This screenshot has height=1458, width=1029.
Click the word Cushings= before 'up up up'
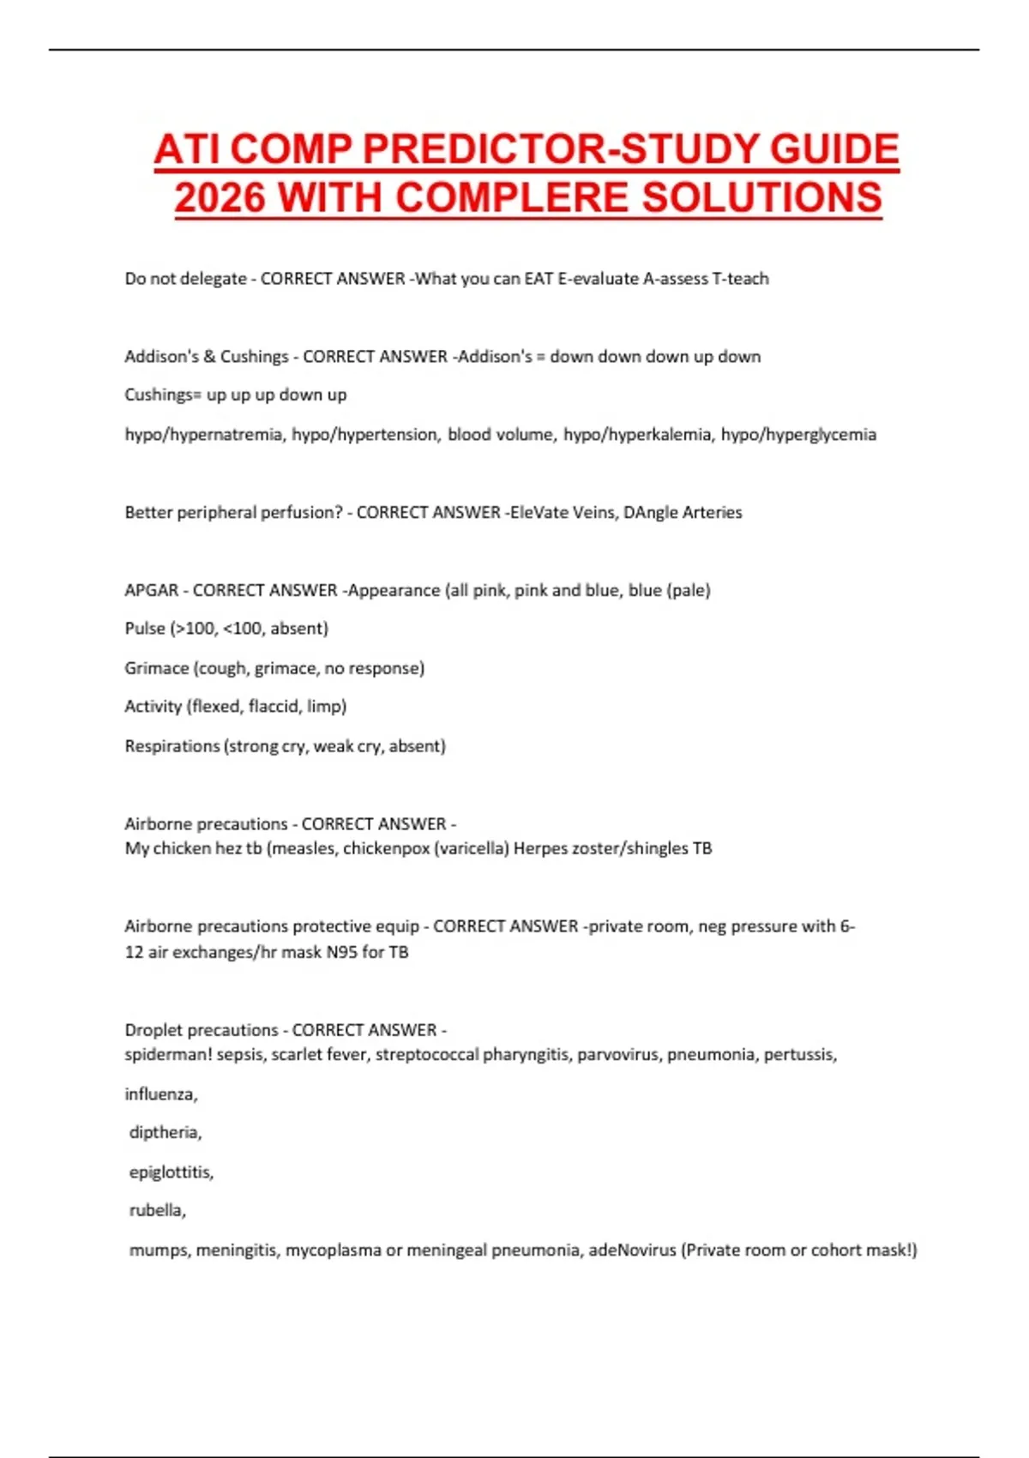click(x=163, y=395)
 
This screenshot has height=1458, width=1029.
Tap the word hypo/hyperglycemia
click(x=798, y=435)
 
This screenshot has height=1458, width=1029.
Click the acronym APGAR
click(x=151, y=590)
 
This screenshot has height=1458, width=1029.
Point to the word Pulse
click(x=144, y=629)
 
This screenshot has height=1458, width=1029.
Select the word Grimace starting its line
click(x=156, y=668)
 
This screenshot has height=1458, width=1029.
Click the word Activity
click(x=153, y=707)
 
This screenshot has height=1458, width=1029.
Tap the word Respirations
click(x=171, y=746)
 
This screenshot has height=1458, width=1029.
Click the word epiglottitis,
click(x=171, y=1172)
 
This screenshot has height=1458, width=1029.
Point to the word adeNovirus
click(x=632, y=1250)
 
